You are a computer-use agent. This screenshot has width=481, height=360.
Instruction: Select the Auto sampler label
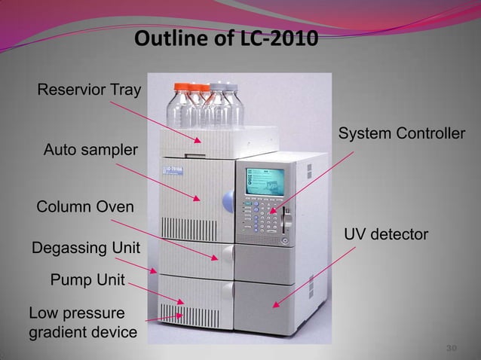point(90,151)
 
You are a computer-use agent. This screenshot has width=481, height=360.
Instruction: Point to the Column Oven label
point(85,207)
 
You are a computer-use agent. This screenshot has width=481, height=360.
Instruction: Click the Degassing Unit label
point(85,247)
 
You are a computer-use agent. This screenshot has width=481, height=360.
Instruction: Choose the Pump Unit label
point(87,281)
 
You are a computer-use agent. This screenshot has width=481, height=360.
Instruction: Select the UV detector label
point(386,236)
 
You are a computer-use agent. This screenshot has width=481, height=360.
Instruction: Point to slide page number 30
point(452,348)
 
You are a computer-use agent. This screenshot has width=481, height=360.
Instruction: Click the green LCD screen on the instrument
point(265,181)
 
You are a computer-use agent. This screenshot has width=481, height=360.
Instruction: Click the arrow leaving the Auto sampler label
point(158,182)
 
